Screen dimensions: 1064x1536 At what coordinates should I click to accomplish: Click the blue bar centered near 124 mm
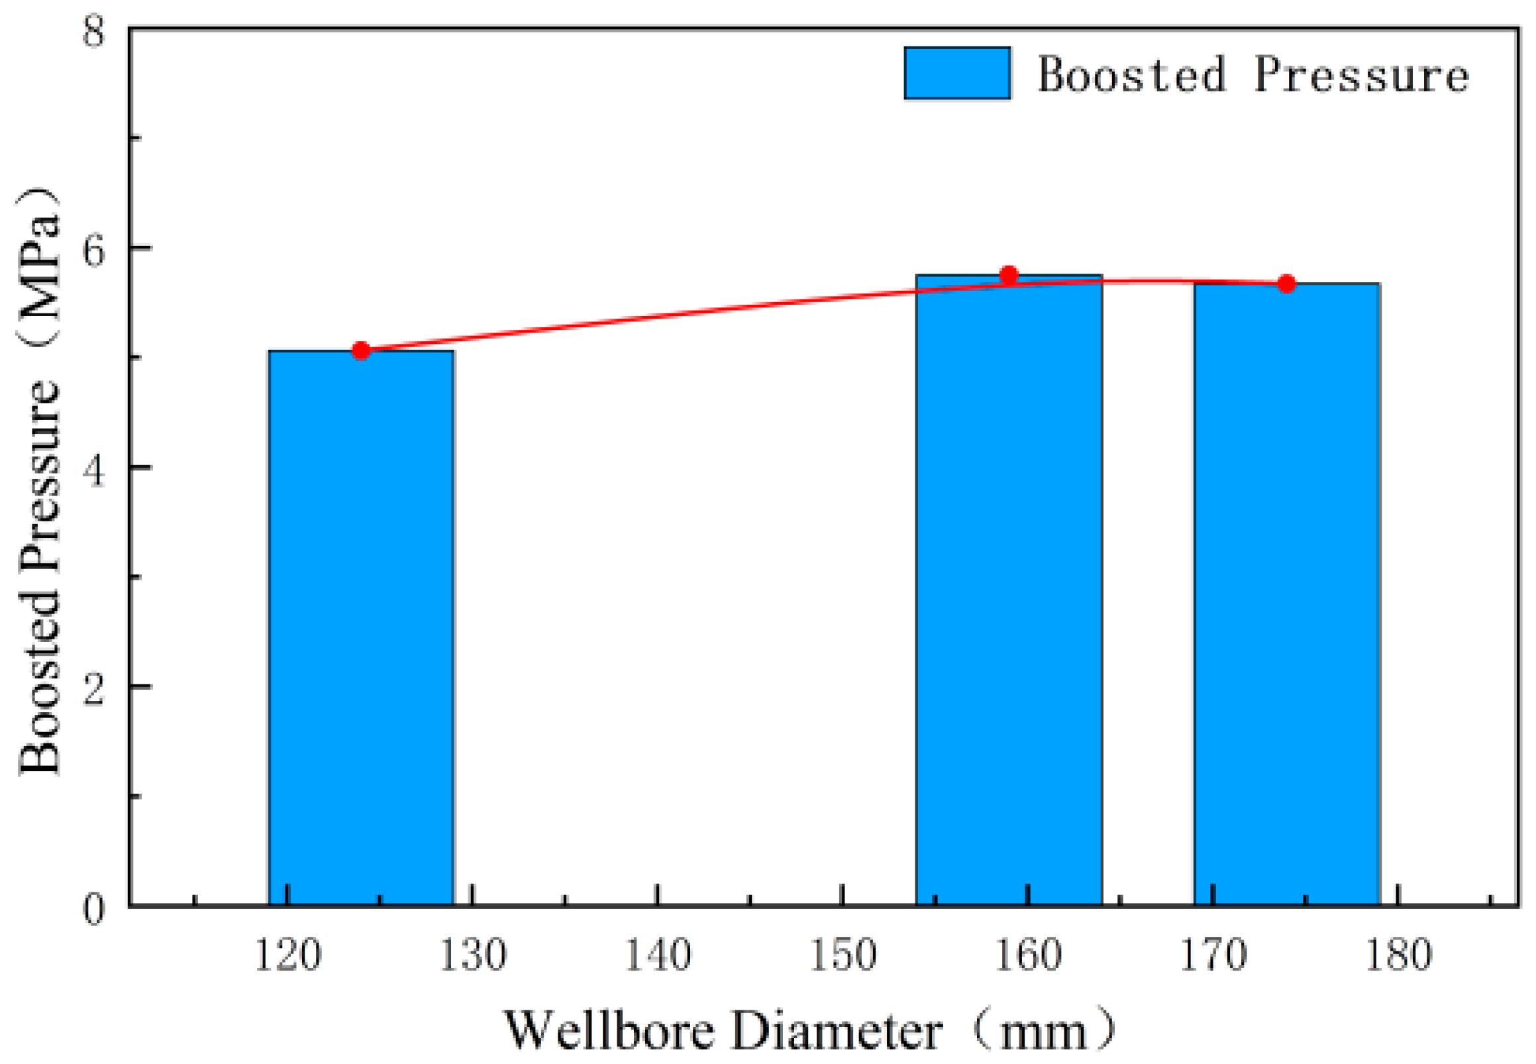tap(361, 627)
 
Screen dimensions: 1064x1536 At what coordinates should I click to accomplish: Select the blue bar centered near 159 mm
tap(1008, 590)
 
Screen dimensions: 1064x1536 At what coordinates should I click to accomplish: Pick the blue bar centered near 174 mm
tap(1286, 594)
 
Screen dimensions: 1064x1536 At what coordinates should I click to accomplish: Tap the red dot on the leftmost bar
tap(361, 350)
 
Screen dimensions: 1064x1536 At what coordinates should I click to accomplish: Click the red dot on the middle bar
tap(1009, 275)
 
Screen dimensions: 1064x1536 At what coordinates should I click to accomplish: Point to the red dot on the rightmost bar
tap(1287, 284)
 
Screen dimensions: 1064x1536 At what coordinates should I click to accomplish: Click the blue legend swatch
tap(957, 74)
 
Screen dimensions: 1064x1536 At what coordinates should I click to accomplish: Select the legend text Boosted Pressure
tap(1253, 75)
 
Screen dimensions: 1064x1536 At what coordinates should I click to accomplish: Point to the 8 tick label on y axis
tap(94, 30)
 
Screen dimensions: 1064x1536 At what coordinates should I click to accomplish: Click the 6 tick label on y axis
tap(94, 249)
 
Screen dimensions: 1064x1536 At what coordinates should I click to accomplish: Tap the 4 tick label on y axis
tap(94, 469)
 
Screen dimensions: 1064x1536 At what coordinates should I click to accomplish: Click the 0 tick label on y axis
tap(94, 908)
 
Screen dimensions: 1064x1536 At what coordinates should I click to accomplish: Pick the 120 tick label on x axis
tap(288, 955)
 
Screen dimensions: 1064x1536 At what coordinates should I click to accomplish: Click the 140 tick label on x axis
tap(658, 955)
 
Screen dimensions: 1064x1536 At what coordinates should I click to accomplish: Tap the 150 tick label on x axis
tap(843, 955)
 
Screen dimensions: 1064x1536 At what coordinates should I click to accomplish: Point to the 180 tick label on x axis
tap(1398, 955)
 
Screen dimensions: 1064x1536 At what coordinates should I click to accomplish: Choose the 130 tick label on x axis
tap(472, 955)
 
